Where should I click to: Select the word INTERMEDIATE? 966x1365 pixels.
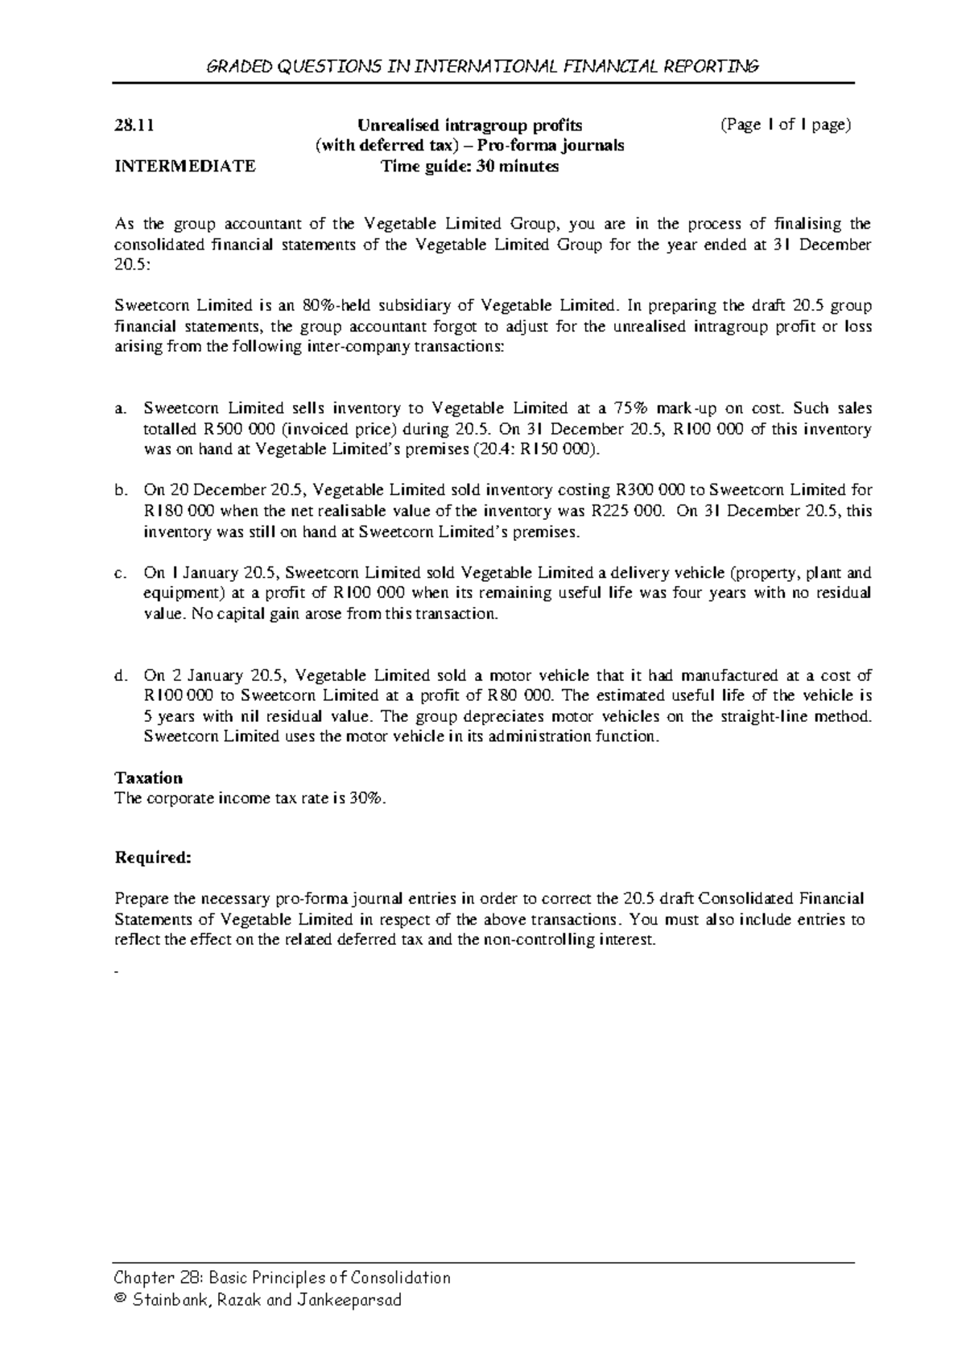(x=185, y=167)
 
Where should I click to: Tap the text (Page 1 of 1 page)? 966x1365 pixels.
(x=786, y=125)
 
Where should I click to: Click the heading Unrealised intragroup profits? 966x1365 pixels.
(x=469, y=125)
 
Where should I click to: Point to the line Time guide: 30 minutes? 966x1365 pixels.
(x=469, y=167)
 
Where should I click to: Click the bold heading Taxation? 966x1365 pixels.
(x=149, y=777)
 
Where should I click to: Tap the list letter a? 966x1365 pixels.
(x=120, y=409)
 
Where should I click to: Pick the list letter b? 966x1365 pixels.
(x=121, y=490)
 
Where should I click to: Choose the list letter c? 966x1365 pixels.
(x=120, y=574)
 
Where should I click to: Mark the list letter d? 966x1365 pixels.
(x=121, y=675)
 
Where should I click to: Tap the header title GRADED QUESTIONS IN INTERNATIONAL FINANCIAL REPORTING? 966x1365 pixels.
(x=483, y=66)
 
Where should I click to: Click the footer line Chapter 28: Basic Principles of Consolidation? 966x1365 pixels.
(x=283, y=1278)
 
